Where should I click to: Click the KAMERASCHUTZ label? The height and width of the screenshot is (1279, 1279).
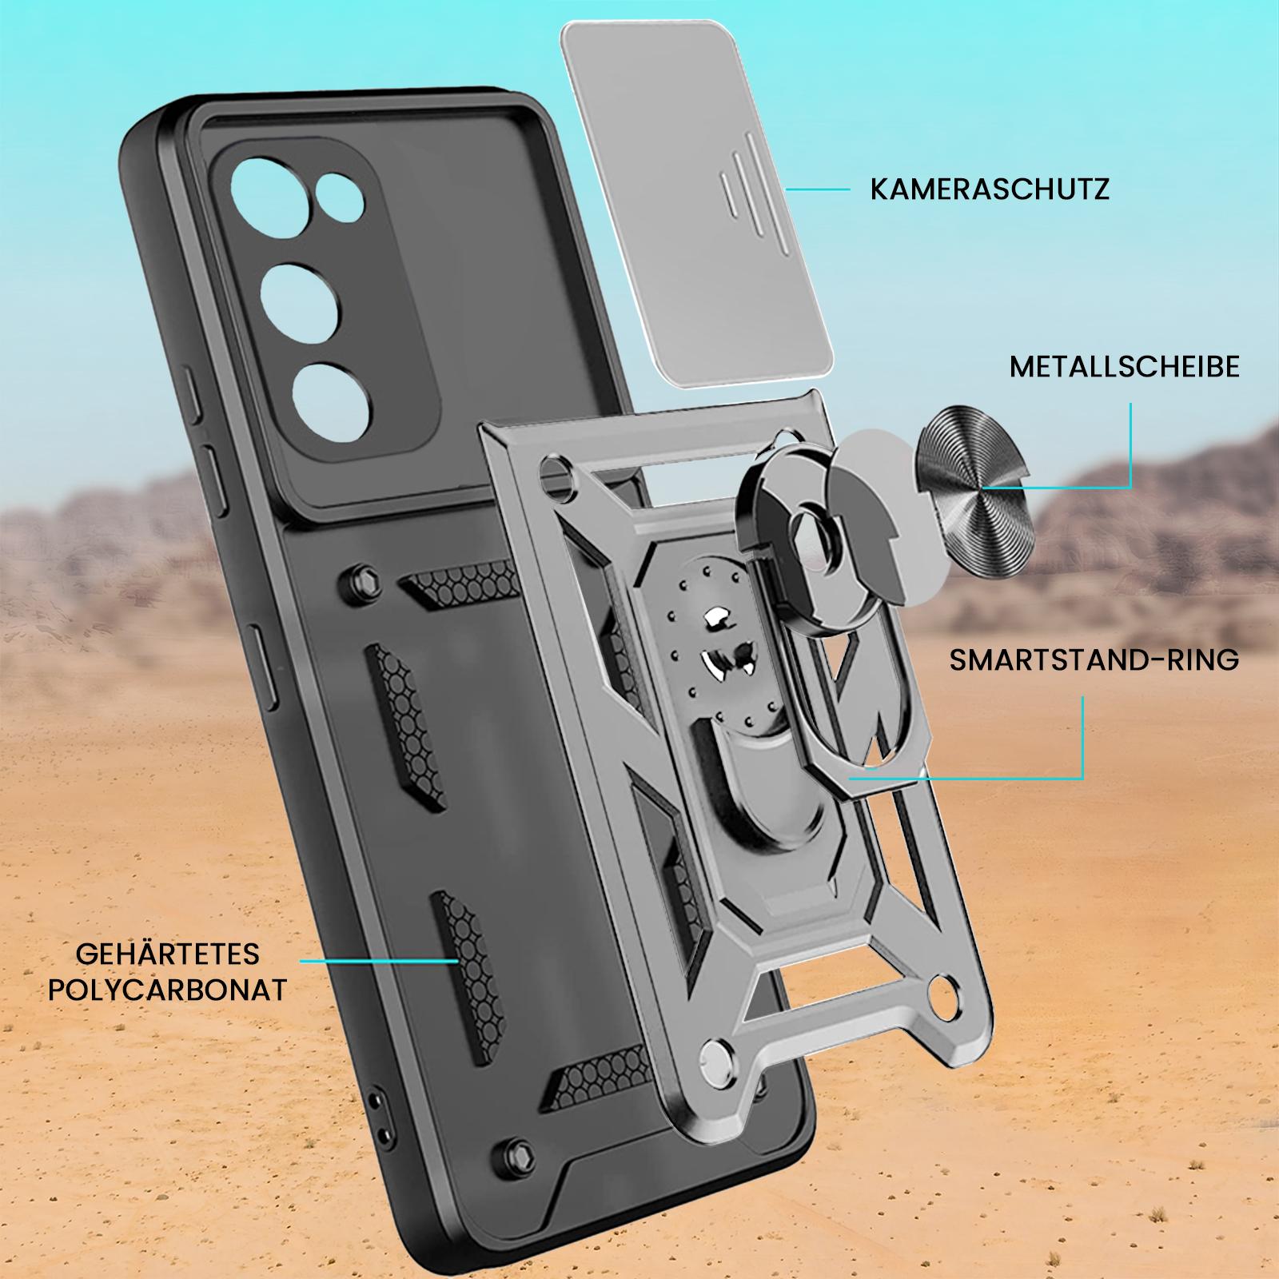990,189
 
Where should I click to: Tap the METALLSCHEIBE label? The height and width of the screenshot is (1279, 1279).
1125,367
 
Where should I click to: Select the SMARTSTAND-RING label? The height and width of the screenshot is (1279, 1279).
1094,660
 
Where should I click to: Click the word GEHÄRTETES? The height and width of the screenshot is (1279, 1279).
168,954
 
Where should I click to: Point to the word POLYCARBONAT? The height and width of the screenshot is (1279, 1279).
168,990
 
